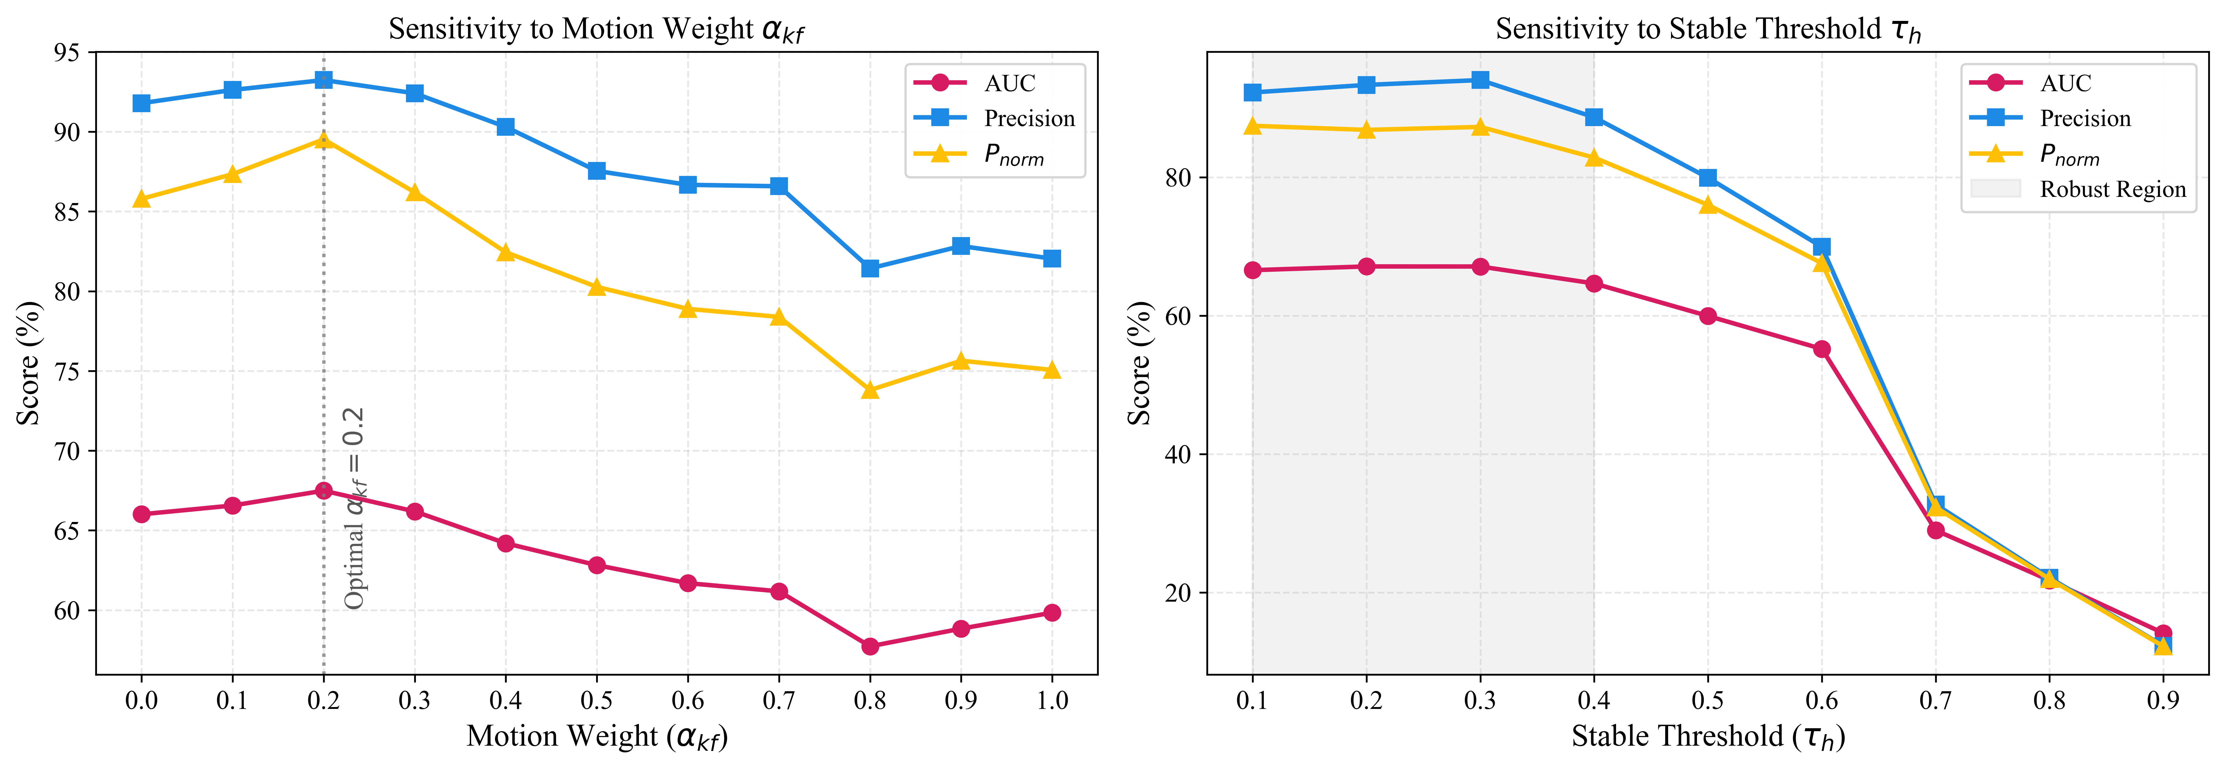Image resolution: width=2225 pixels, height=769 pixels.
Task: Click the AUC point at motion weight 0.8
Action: point(870,646)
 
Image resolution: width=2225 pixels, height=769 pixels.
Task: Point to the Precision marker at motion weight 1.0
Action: point(1051,258)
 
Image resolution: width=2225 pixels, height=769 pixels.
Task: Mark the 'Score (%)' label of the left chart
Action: point(28,363)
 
